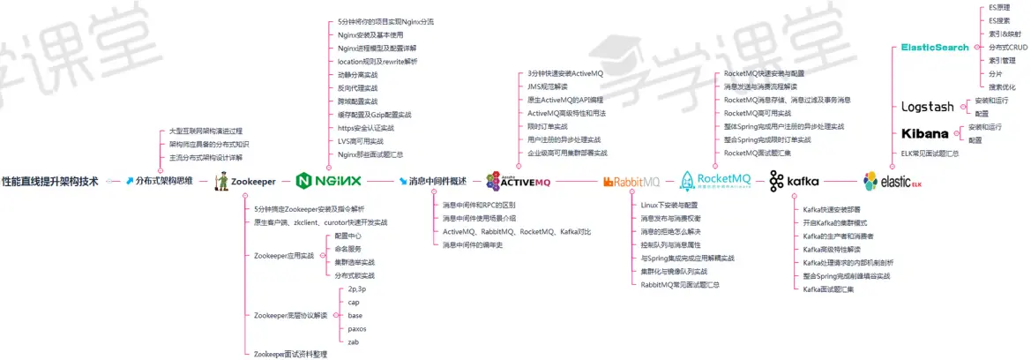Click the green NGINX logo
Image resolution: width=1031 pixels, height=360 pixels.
(x=329, y=181)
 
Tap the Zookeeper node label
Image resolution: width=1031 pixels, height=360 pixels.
(x=252, y=181)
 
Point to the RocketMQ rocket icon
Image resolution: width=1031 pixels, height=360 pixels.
(x=687, y=182)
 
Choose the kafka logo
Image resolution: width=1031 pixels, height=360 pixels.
(x=794, y=182)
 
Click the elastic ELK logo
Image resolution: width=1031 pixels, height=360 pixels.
(x=892, y=182)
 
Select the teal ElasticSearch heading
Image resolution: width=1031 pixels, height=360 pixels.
(x=934, y=48)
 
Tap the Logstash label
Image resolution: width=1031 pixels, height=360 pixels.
(x=927, y=107)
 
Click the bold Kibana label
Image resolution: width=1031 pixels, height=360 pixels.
(x=924, y=134)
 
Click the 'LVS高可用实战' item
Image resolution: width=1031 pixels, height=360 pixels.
(x=361, y=141)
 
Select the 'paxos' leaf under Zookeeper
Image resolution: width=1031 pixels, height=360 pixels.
(x=357, y=328)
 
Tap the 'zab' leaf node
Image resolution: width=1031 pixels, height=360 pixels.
(x=353, y=341)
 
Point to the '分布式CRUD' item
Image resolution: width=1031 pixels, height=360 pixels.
(x=1008, y=48)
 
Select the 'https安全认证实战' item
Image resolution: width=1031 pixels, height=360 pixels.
(x=366, y=128)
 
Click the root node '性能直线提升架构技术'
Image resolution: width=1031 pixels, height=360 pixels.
(x=50, y=181)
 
